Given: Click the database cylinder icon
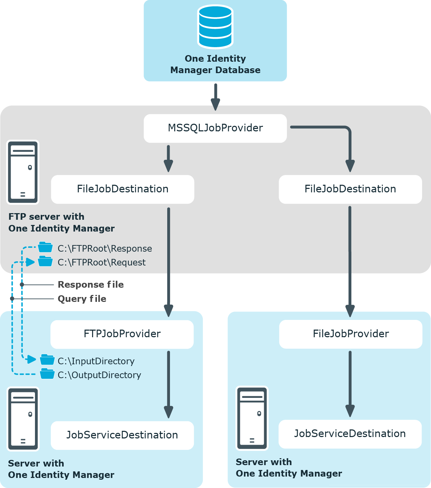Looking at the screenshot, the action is click(215, 26).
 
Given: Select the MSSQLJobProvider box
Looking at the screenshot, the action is click(215, 128).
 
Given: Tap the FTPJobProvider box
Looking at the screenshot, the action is click(122, 334).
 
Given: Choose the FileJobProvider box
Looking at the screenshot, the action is click(351, 334).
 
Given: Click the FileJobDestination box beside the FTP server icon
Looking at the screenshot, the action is click(123, 189).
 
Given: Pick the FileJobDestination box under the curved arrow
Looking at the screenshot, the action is click(350, 189).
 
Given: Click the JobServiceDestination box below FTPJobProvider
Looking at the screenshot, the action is click(122, 435).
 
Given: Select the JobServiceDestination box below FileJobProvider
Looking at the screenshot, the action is click(350, 434).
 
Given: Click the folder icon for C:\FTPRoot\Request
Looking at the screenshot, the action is click(45, 261).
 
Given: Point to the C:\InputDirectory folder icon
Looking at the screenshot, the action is click(47, 360).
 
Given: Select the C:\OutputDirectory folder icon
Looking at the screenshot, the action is click(47, 374).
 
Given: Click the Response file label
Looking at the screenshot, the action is click(91, 285).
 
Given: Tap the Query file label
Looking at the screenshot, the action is click(82, 299).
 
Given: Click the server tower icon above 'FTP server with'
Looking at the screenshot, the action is click(23, 172).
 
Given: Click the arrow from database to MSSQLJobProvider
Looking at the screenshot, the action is click(216, 97).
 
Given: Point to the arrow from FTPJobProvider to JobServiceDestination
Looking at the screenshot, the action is click(169, 385).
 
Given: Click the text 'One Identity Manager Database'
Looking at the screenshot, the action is click(215, 64).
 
